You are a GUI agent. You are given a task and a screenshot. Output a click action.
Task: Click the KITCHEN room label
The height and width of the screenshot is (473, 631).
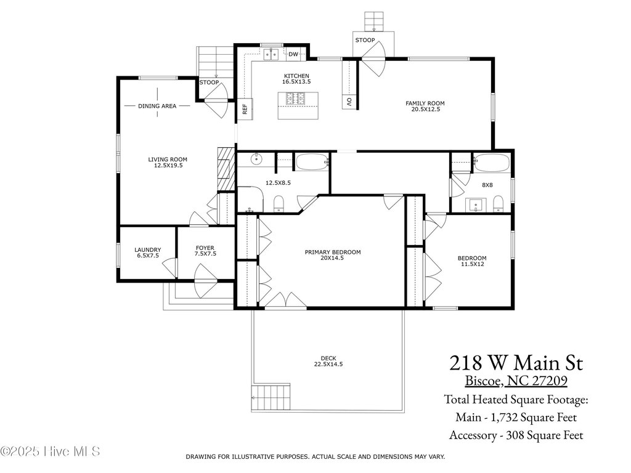point(296,76)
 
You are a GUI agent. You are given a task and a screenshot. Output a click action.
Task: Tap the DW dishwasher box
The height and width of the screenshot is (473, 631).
point(294,54)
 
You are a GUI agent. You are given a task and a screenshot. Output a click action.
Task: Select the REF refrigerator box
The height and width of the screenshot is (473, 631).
point(245,109)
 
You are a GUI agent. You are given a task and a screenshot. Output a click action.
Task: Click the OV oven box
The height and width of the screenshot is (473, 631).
point(349,102)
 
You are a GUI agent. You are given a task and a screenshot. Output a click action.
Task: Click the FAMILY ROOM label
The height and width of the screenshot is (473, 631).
point(425,103)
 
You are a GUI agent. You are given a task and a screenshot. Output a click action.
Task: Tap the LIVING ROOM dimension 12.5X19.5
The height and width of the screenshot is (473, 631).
point(168,165)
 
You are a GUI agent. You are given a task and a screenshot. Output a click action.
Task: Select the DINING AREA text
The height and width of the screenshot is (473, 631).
point(157,106)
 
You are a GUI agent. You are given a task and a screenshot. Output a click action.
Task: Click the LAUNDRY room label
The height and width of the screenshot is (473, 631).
point(148,250)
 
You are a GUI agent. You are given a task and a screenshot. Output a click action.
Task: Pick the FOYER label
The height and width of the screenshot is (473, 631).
point(205,248)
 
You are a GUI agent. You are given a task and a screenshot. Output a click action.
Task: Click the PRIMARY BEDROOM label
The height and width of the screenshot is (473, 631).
point(333,252)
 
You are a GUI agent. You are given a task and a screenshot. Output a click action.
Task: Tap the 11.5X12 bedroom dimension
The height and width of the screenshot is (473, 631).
point(473,264)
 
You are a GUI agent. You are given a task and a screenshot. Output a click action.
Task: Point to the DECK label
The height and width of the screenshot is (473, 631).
point(328,358)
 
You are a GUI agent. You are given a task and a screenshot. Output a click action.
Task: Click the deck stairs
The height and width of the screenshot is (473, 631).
point(271,397)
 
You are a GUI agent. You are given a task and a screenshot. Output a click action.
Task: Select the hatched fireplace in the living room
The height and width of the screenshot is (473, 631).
point(226,169)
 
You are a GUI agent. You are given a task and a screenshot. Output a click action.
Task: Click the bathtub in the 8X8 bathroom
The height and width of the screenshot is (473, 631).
point(492,163)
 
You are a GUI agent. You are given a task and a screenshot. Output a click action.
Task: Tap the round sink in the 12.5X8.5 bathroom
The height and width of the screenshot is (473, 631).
point(256,160)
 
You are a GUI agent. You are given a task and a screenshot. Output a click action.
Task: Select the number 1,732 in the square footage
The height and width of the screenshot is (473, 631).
point(504,418)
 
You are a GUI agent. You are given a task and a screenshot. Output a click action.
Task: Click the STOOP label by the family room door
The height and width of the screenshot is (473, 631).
point(365,40)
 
